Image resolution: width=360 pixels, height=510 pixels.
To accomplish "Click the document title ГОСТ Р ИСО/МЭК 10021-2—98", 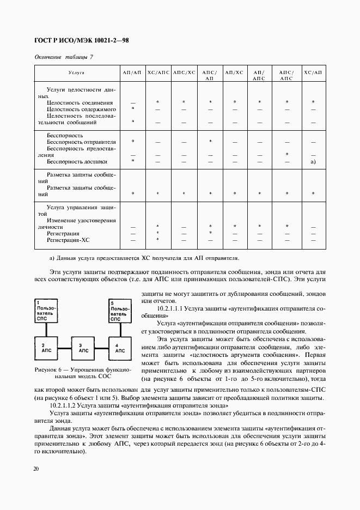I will pos(81,41).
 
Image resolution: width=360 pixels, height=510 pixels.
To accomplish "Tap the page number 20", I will pos(36,469).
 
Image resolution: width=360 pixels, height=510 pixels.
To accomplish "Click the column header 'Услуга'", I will pos(77,72).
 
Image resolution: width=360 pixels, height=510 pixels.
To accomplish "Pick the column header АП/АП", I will pos(132,72).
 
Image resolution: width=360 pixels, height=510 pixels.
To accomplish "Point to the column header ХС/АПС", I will pos(158,72).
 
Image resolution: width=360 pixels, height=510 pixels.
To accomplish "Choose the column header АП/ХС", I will pos(234,72).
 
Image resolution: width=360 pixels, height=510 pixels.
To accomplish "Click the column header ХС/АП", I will pos(313,72).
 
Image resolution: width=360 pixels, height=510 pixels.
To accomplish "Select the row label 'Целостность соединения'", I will pos(80,102).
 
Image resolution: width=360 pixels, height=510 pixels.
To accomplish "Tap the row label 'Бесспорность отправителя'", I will pos(81,142).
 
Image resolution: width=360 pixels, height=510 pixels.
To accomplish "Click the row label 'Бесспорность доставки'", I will pos(77,162).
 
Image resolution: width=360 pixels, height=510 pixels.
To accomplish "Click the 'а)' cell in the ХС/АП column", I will pos(313,162).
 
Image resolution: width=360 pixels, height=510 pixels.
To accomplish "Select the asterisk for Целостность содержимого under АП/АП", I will pos(132,109).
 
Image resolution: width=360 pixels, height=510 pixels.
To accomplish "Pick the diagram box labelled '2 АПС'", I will pos(47,348).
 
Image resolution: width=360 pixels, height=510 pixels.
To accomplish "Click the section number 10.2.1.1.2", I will pos(67,406).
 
